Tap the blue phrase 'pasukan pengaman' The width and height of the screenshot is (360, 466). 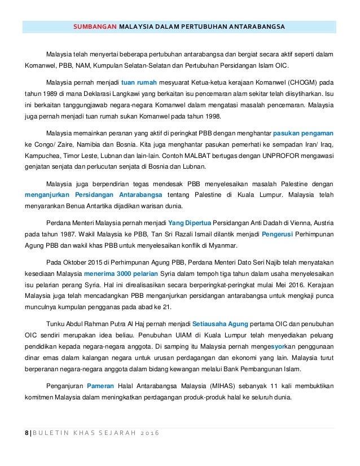(303, 134)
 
